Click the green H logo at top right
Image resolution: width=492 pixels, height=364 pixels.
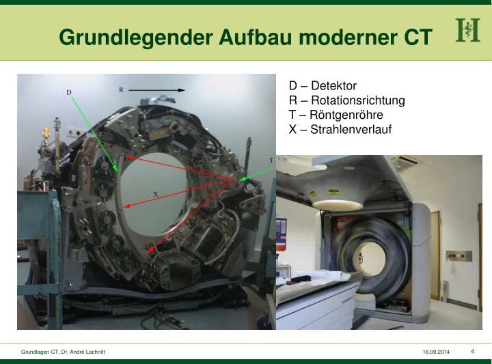[x=468, y=31]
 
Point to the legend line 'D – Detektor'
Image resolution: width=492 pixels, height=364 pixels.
[x=323, y=86]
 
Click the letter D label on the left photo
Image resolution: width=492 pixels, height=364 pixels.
[x=69, y=92]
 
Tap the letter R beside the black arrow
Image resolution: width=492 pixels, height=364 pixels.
[x=121, y=89]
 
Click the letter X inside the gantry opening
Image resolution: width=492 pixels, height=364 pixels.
[x=156, y=194]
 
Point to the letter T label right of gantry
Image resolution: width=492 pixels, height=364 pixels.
[x=271, y=160]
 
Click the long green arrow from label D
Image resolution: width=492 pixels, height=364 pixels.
[x=96, y=134]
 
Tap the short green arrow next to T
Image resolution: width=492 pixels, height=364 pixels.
[x=256, y=171]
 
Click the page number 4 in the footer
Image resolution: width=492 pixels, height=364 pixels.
[x=472, y=351]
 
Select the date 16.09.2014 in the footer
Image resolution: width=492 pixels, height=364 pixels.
[x=436, y=351]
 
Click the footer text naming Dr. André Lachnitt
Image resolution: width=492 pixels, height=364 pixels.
[x=63, y=351]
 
